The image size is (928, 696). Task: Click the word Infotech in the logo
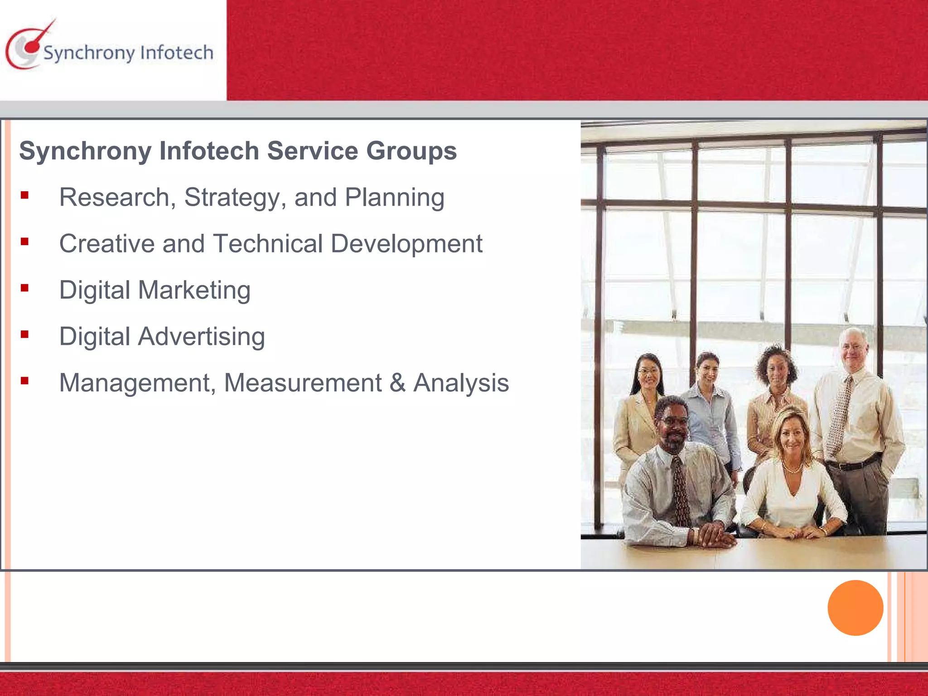pos(177,53)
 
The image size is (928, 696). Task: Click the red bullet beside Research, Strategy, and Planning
pos(24,195)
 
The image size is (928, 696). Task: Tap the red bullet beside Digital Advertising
pos(24,334)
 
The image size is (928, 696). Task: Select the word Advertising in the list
pos(202,337)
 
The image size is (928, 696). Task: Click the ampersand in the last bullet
pos(397,382)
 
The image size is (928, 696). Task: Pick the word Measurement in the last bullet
pos(303,383)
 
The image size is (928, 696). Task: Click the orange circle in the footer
pos(855,608)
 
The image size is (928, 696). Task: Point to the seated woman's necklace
pos(793,468)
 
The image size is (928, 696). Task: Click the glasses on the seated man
pos(673,420)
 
